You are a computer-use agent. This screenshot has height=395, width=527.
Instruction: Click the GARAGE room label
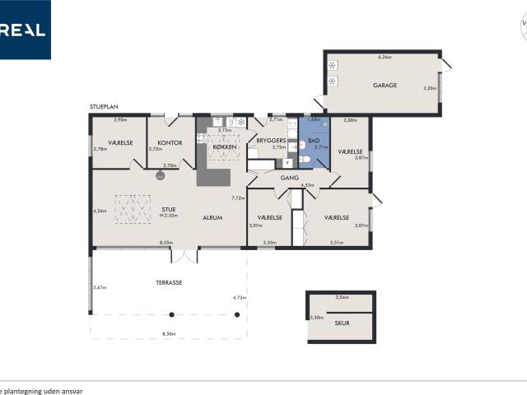385,85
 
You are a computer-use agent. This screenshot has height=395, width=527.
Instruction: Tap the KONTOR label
170,142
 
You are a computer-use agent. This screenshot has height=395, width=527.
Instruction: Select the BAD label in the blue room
313,141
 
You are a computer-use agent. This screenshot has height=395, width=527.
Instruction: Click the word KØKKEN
223,146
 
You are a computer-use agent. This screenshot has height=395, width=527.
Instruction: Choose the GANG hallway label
289,177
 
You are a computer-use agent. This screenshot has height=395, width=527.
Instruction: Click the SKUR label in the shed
342,323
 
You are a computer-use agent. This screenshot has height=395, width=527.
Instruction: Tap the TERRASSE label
169,282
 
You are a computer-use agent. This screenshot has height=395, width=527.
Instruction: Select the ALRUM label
214,218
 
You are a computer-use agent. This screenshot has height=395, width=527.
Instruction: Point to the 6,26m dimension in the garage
384,58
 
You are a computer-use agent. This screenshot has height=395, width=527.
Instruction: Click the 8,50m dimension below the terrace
169,333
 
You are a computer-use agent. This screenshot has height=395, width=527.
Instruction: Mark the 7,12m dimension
238,197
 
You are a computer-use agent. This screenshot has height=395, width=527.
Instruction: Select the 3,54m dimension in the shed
342,297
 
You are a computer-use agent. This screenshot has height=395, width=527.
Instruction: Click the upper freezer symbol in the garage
332,66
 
